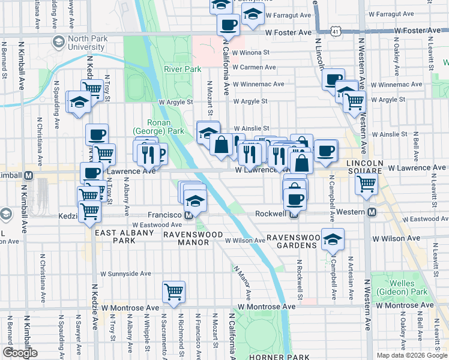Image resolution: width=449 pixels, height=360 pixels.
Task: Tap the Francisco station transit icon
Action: tap(188, 214)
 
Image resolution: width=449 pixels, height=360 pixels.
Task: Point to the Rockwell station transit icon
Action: tap(294, 212)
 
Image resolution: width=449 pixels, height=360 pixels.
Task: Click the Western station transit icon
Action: tap(372, 212)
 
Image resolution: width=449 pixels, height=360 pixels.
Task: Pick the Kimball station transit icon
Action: tap(28, 175)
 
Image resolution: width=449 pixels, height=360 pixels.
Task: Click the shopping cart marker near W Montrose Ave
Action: tap(173, 292)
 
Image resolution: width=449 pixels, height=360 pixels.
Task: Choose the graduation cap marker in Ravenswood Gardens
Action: tap(333, 239)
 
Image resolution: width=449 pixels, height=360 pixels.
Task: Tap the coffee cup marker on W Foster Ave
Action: tap(228, 25)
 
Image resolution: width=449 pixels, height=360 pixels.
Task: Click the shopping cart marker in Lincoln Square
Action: tap(366, 183)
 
